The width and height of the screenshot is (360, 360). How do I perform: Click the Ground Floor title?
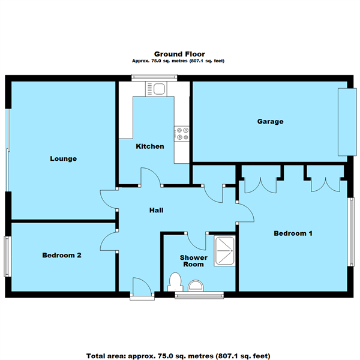click(x=179, y=53)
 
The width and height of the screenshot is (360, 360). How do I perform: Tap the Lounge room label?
click(x=63, y=159)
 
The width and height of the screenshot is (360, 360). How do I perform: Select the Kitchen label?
click(x=149, y=146)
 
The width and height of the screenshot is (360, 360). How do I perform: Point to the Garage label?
click(x=270, y=121)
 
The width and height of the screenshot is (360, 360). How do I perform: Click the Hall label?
click(x=156, y=211)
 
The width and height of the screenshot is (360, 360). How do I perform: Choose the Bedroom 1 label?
click(x=293, y=233)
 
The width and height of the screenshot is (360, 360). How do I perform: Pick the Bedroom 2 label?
click(x=61, y=255)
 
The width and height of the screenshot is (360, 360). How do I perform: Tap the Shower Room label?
click(x=194, y=261)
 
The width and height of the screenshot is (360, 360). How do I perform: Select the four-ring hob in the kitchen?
click(x=182, y=133)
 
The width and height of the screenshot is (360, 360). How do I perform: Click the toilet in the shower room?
click(x=176, y=281)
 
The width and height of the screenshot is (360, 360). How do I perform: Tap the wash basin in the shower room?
click(x=196, y=284)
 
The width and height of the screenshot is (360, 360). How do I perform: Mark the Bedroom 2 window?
click(x=8, y=256)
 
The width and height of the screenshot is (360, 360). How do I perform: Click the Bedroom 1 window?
click(x=352, y=231)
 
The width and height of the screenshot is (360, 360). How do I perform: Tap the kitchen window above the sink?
click(x=154, y=76)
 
